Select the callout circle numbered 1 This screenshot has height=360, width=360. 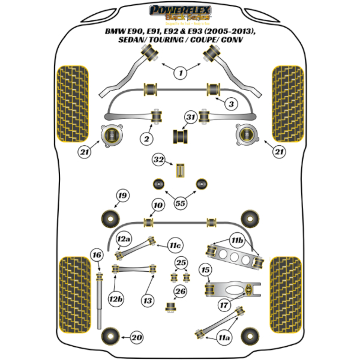click(179, 74)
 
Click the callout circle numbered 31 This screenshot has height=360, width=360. click(190, 116)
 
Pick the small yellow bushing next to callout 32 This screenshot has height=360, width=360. click(179, 170)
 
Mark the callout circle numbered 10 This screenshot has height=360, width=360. click(157, 206)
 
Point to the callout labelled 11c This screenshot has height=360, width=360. click(175, 245)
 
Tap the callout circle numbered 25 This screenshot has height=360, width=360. click(181, 263)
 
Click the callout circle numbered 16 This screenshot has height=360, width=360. click(97, 256)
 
